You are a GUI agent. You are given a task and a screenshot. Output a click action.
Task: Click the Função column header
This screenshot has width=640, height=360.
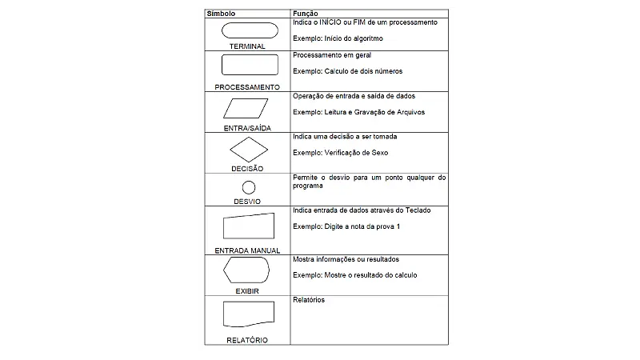306,14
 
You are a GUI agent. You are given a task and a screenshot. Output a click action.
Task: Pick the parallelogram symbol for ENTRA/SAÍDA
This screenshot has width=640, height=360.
248,108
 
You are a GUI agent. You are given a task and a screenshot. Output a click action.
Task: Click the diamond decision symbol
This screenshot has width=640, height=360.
248,149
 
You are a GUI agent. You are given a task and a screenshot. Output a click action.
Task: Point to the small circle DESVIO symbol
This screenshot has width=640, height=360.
248,188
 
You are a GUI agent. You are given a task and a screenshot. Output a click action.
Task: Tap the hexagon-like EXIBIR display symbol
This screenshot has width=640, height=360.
247,271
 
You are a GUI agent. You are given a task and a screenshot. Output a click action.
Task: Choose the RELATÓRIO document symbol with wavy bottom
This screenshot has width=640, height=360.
248,314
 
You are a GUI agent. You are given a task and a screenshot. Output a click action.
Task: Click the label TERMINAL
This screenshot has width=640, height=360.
247,46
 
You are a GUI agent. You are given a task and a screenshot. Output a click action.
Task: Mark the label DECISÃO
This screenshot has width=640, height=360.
247,169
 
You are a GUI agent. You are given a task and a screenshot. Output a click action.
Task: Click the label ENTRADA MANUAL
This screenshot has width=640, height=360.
247,250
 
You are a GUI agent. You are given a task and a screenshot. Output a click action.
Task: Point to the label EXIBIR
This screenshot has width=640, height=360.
247,291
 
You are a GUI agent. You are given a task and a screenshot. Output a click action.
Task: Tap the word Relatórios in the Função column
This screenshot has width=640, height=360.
309,300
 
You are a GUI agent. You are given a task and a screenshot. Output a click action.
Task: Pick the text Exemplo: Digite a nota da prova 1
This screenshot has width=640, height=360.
346,226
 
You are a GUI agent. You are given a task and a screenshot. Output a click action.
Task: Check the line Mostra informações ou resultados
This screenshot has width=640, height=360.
346,259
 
